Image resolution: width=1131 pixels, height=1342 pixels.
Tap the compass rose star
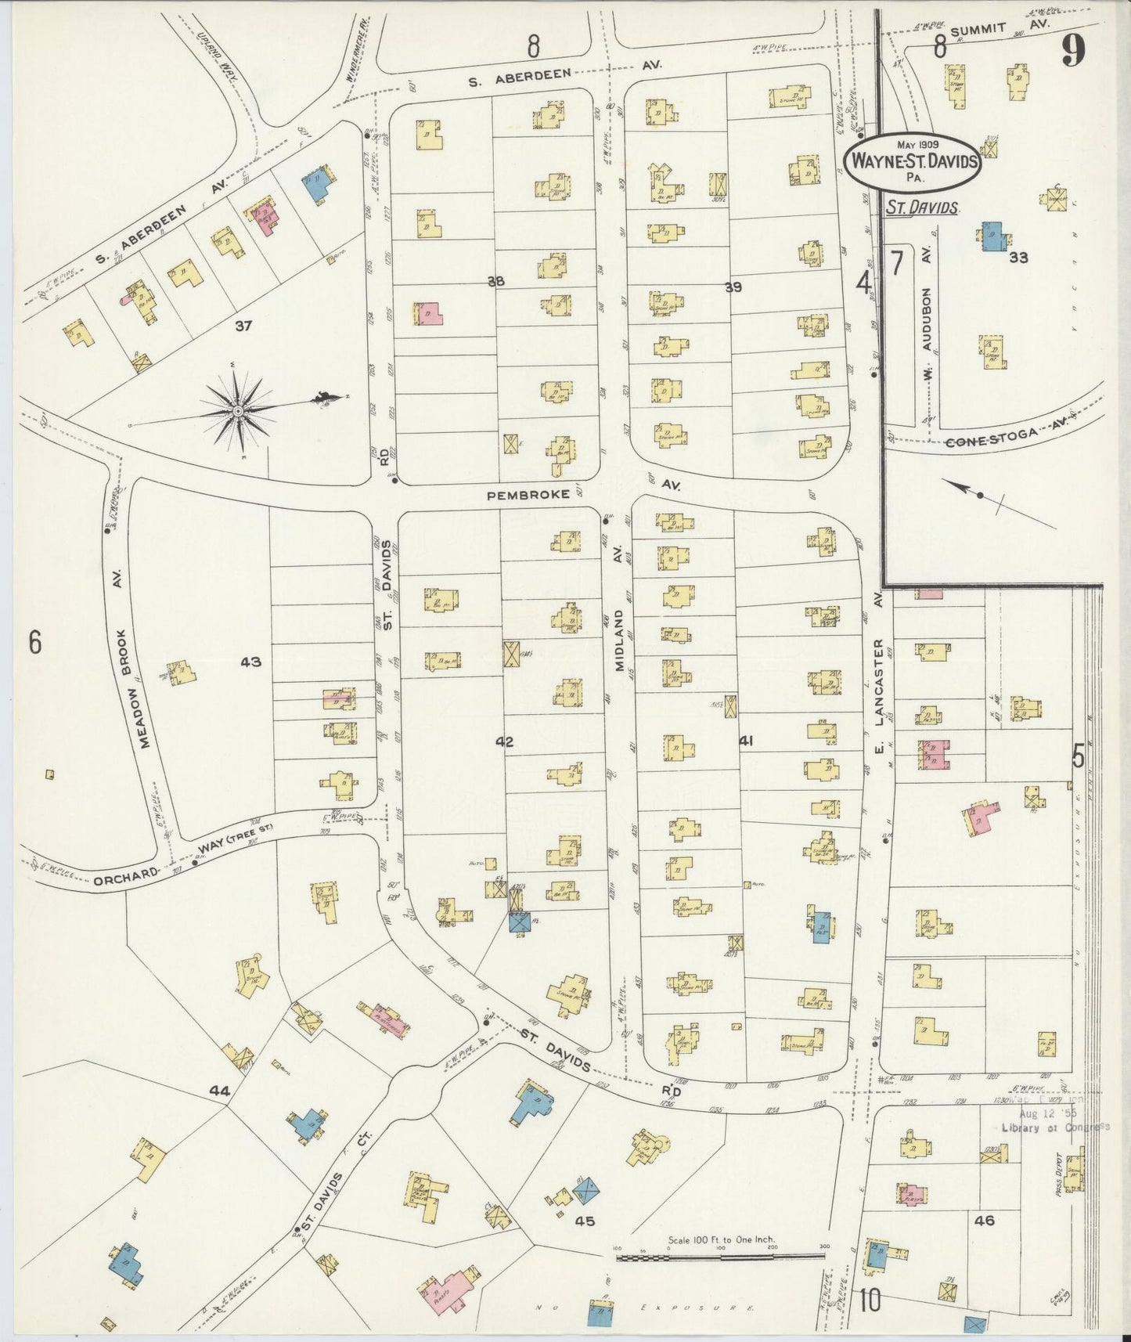[237, 410]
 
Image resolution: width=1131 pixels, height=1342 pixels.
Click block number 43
[250, 662]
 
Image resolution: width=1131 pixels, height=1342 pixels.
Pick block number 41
[745, 739]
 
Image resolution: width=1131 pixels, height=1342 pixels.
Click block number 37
[243, 326]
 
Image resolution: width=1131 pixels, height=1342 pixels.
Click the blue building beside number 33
[992, 236]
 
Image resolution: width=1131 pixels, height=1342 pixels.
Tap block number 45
[585, 1220]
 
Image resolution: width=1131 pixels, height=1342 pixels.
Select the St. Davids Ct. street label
[335, 1174]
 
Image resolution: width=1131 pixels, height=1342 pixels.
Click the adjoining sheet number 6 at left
[34, 642]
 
